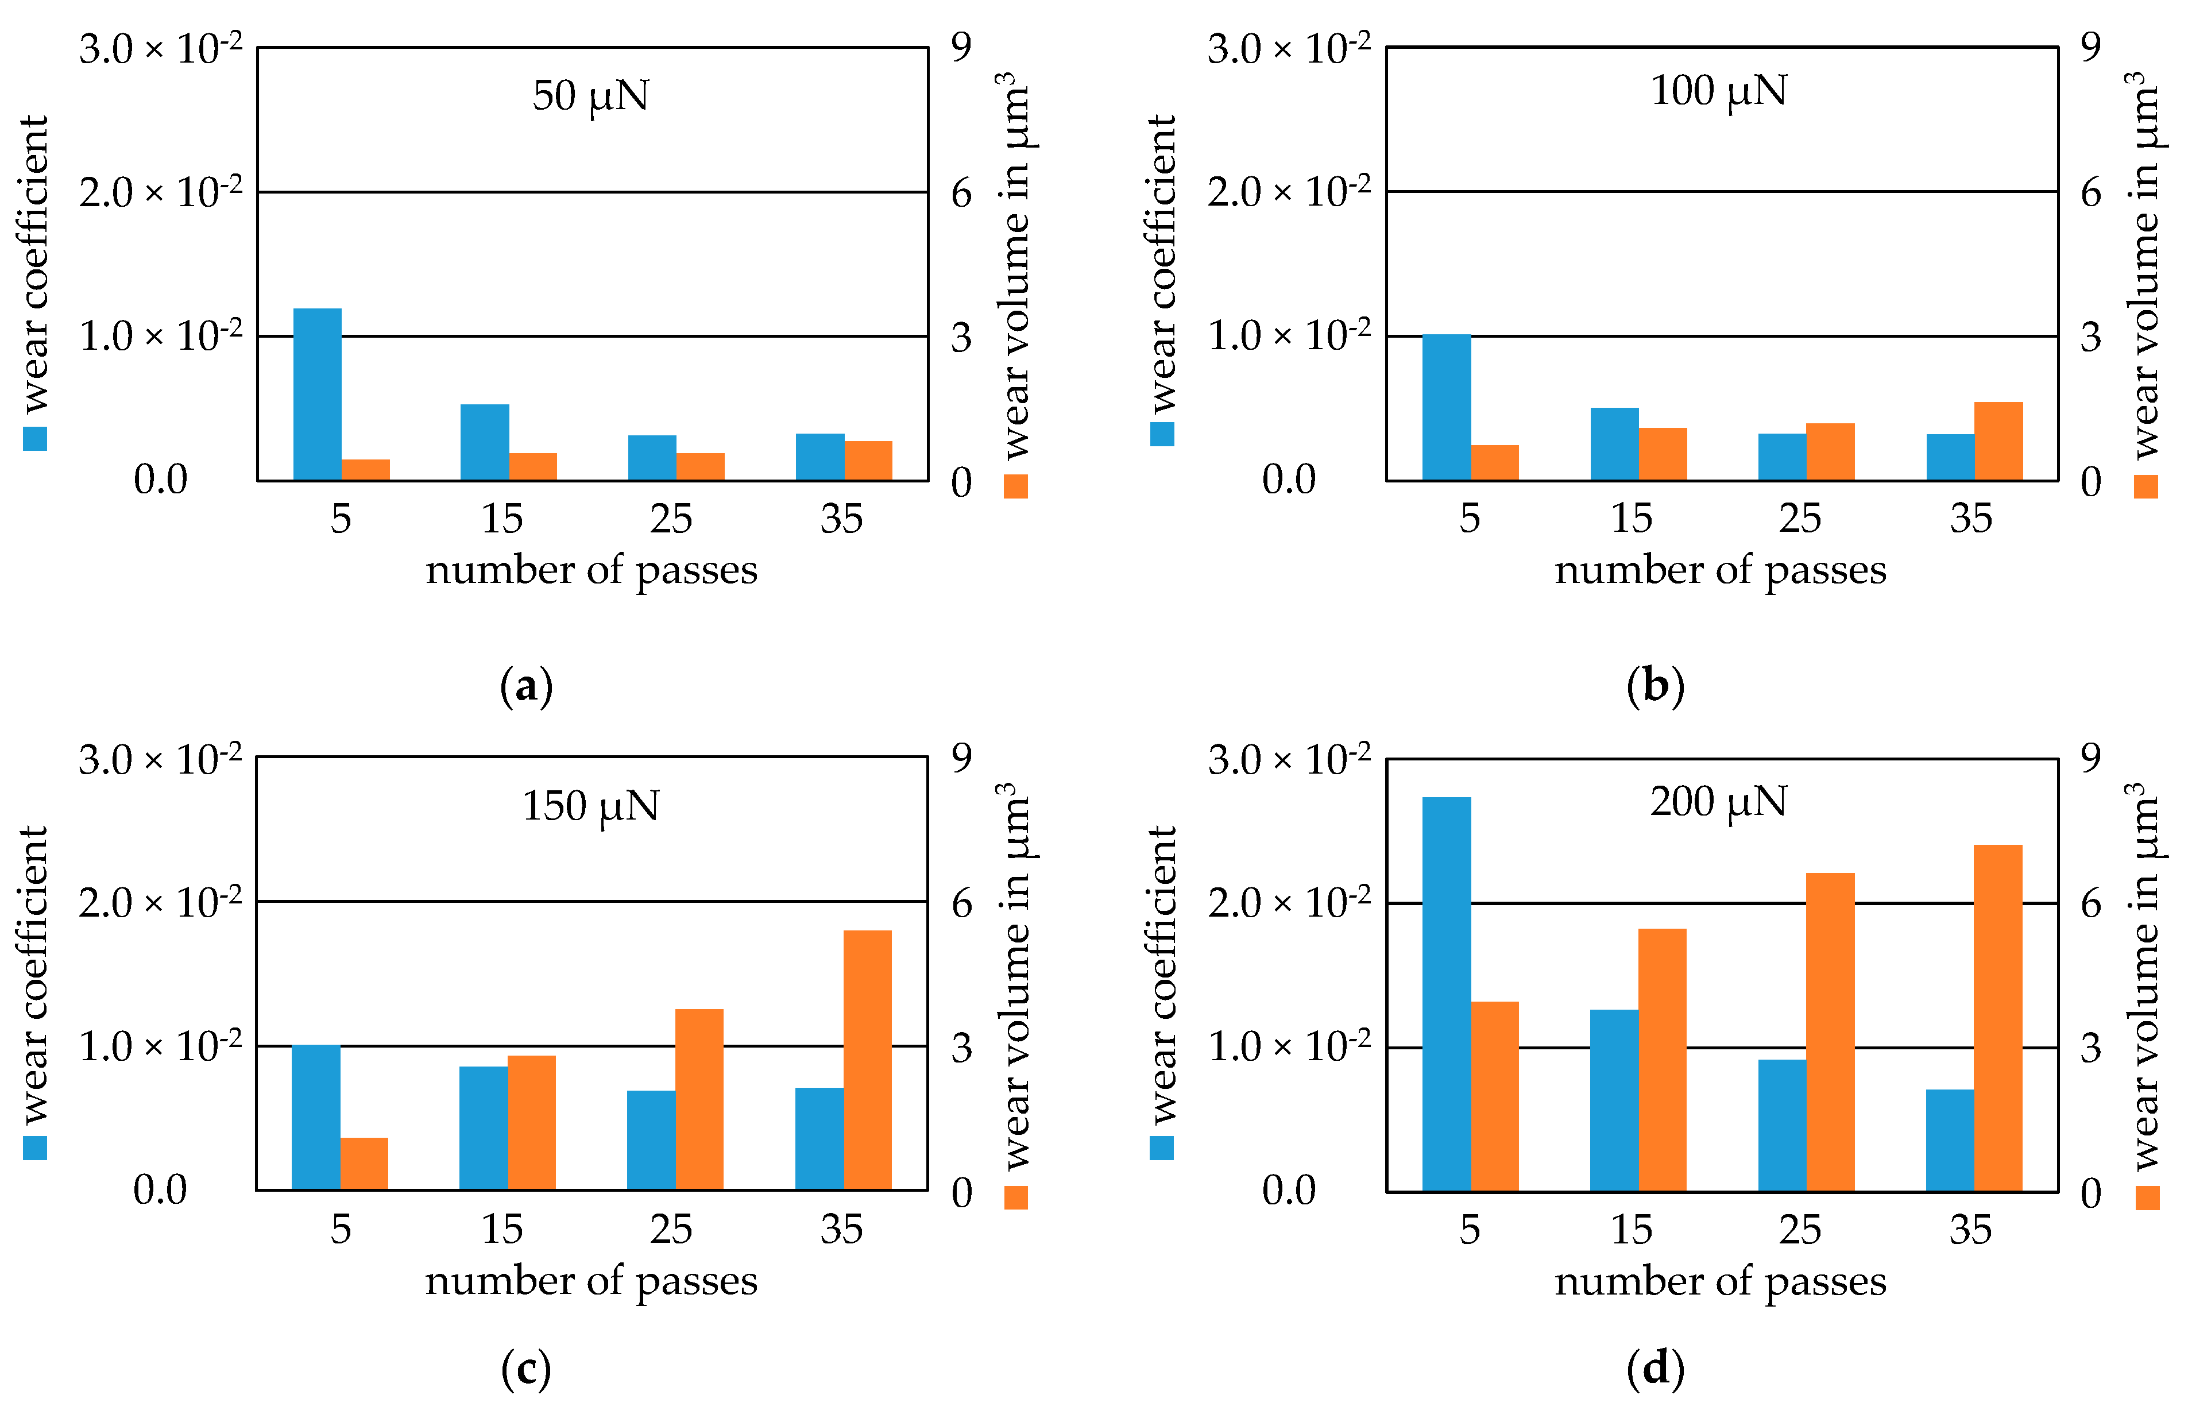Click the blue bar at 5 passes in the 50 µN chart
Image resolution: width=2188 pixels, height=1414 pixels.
317,394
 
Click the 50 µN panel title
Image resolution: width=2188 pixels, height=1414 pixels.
590,95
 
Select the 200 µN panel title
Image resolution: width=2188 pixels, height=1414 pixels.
1718,802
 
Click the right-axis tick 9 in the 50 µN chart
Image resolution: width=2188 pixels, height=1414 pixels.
960,48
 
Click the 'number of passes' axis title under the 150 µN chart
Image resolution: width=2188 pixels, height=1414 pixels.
590,1281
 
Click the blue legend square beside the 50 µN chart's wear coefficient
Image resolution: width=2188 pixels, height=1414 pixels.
35,438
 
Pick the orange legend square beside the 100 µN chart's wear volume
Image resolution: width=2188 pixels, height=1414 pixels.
2145,486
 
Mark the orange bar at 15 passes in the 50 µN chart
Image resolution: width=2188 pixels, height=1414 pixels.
532,466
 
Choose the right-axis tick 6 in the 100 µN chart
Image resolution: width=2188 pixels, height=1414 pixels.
2090,193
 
